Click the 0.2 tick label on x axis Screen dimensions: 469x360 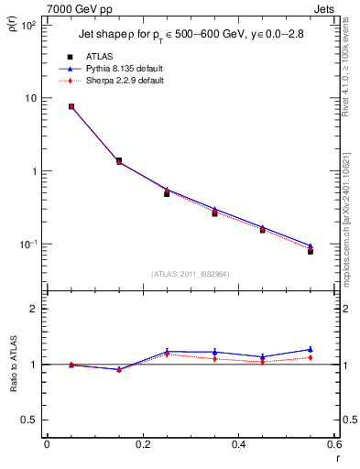pyautogui.click(x=143, y=446)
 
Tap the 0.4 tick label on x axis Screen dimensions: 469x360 pyautogui.click(x=238, y=446)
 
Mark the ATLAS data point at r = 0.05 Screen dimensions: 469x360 pyautogui.click(x=71, y=106)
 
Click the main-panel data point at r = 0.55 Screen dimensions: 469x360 pyautogui.click(x=311, y=250)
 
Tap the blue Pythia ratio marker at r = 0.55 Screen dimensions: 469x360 pyautogui.click(x=311, y=349)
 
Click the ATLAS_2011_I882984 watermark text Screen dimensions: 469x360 pyautogui.click(x=190, y=273)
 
